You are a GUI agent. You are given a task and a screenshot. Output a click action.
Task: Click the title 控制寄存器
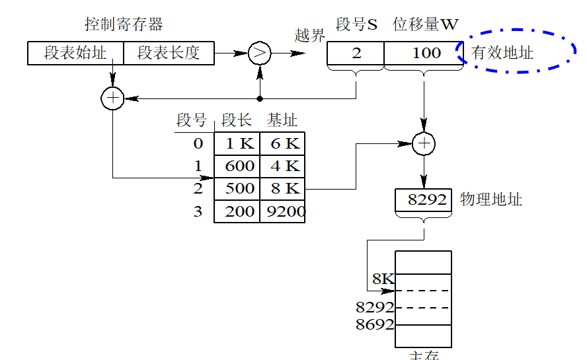124,25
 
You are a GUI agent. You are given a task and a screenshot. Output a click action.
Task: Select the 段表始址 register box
75,53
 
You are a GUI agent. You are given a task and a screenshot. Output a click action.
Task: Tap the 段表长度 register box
169,53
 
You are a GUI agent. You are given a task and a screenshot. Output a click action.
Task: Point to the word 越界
310,36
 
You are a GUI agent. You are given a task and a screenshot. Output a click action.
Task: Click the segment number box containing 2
356,53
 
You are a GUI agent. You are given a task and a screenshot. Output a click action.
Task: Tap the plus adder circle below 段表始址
113,98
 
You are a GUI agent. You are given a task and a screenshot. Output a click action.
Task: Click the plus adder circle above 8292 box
424,143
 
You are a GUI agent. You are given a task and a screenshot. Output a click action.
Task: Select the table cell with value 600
237,166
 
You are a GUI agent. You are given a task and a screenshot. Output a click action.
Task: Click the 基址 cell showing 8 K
282,188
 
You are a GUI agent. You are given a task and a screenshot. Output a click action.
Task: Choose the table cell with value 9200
282,211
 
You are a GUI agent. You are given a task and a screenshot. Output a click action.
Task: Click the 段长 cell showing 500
237,188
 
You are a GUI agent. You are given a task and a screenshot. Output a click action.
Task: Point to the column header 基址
282,120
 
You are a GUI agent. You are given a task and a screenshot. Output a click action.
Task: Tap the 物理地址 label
490,199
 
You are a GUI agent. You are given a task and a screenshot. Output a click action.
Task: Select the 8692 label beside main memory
375,324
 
